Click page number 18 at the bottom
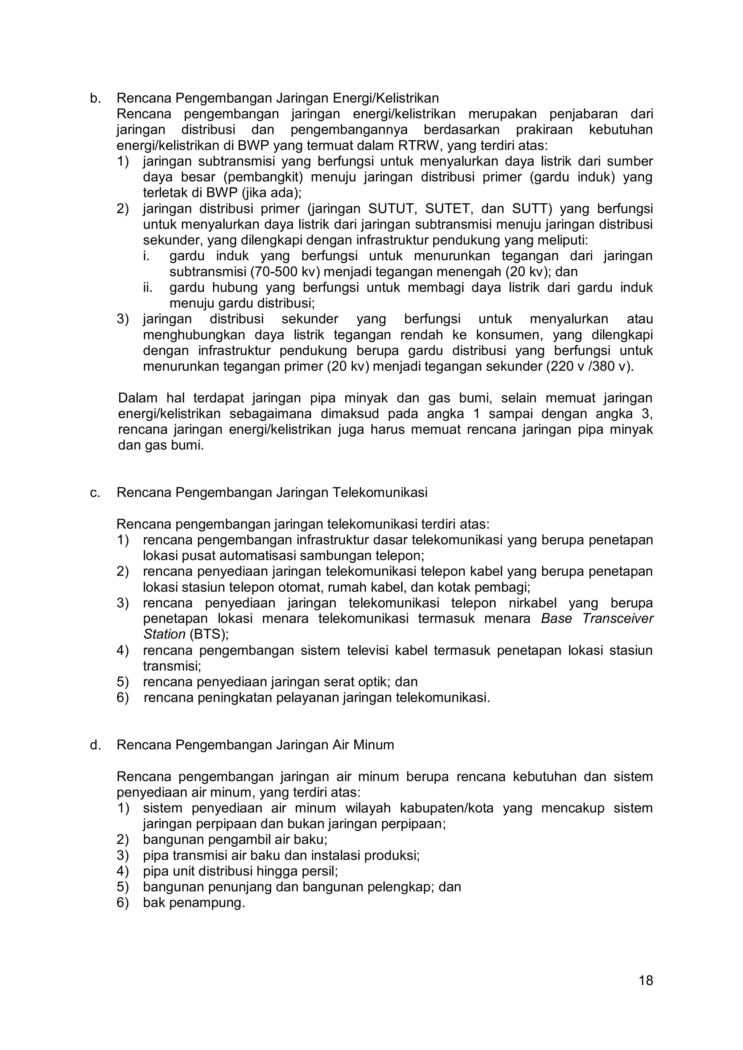[645, 980]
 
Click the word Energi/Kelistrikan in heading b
[385, 98]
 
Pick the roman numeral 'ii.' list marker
[147, 288]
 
